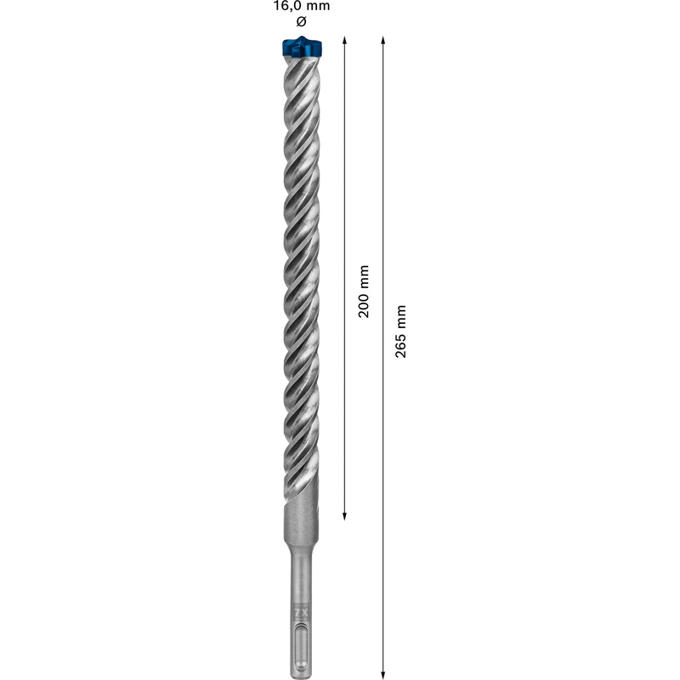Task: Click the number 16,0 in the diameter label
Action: click(x=286, y=6)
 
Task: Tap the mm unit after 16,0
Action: click(x=318, y=6)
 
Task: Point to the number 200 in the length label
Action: click(x=365, y=303)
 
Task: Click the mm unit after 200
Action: click(x=365, y=274)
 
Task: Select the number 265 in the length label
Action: click(x=401, y=343)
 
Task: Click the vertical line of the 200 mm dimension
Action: click(x=344, y=170)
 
